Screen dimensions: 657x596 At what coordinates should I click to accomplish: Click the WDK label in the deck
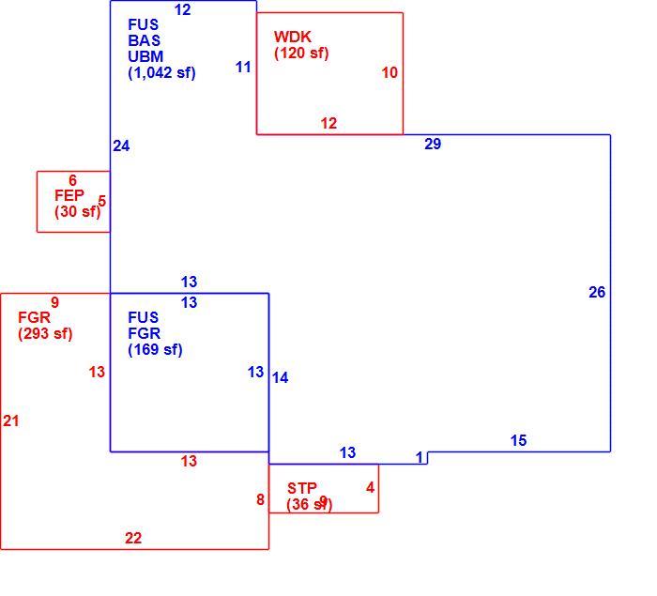293,37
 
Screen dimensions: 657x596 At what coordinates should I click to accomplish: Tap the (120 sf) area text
301,53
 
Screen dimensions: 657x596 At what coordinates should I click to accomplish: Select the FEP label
69,195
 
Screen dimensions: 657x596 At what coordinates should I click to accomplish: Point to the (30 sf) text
78,211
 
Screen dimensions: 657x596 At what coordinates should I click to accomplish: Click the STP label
302,488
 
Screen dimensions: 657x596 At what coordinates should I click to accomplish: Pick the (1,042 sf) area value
161,73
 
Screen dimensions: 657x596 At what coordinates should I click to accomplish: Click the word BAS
145,40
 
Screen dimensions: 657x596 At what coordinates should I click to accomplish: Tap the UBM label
145,56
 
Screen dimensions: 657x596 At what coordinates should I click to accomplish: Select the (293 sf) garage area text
45,333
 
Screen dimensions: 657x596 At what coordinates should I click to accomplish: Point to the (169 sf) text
155,349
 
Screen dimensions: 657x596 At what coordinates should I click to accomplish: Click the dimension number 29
433,144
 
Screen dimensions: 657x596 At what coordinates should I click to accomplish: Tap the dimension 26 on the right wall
597,292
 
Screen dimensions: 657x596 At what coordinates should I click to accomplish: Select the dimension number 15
518,440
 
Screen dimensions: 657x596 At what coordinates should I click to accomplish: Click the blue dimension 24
121,145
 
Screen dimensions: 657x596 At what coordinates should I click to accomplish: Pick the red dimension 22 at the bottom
133,538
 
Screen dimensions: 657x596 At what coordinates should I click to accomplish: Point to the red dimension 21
11,420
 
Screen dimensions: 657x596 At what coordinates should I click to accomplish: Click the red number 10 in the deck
390,72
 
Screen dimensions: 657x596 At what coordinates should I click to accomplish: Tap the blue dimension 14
280,377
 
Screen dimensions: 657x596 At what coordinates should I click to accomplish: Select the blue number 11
243,67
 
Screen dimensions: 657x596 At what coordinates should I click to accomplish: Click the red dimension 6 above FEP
72,180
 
